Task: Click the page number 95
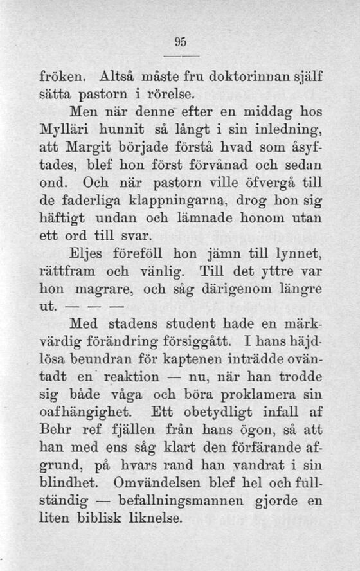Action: coord(180,42)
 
